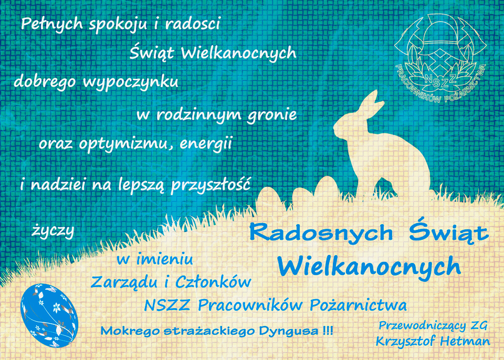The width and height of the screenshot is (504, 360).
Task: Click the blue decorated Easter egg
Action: (49, 315)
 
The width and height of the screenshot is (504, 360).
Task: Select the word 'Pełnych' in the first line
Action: (52, 25)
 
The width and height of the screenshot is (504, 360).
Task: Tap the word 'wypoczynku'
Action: (130, 82)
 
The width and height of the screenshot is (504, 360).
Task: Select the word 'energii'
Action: (206, 144)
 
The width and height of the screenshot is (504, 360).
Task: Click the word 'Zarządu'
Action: (124, 282)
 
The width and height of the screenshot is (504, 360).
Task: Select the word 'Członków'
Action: (213, 282)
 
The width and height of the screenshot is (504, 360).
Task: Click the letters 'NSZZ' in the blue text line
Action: (167, 305)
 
